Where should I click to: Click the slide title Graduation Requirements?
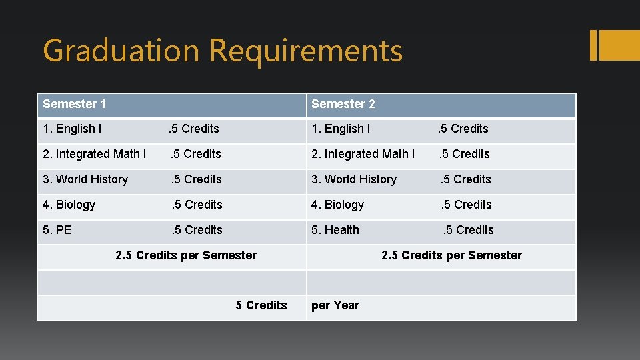[x=223, y=51]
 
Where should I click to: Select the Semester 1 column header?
[x=74, y=104]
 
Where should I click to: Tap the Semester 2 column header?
[x=343, y=104]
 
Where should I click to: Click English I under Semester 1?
[x=72, y=129]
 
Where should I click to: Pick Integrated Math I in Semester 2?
[x=363, y=154]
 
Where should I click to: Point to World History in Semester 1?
[x=85, y=179]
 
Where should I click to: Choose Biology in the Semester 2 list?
[x=337, y=205]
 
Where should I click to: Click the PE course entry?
[x=57, y=230]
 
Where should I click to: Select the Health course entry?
[x=335, y=230]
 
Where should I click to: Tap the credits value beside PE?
[x=197, y=230]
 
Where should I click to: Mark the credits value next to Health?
[x=469, y=230]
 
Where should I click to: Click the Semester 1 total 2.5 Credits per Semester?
[x=186, y=255]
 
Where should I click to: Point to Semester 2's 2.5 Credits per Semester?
[x=451, y=255]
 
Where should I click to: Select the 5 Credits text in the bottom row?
[x=261, y=305]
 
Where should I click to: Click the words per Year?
[x=335, y=305]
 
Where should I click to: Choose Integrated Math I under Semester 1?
[x=94, y=154]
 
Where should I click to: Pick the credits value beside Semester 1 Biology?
[x=197, y=205]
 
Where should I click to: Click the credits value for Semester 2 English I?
[x=463, y=129]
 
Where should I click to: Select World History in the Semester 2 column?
[x=354, y=179]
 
